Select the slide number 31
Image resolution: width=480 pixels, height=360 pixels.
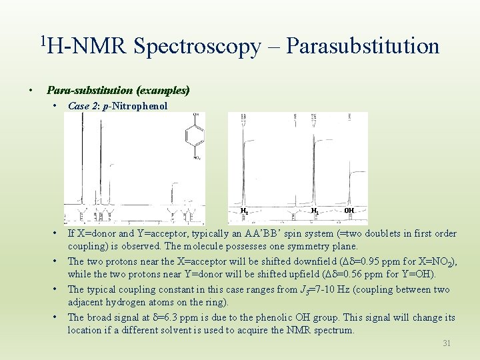tap(446, 343)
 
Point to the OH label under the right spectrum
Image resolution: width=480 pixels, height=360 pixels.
tap(349, 211)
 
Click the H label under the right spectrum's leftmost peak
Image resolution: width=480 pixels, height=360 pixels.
tap(245, 211)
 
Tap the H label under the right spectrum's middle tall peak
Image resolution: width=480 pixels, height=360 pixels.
tap(314, 211)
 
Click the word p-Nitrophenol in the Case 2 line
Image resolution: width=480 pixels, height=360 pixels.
tap(139, 106)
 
